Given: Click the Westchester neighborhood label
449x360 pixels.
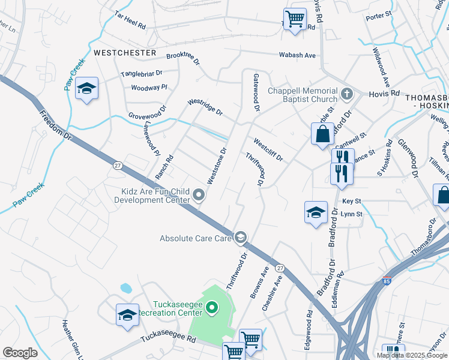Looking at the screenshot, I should [125, 53].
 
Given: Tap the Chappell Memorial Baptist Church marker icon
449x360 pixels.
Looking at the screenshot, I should [347, 94].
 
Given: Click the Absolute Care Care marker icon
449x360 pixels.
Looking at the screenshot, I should [241, 238].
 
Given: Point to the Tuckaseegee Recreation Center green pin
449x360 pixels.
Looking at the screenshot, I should [211, 308].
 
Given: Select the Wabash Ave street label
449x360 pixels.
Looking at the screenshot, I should [297, 55].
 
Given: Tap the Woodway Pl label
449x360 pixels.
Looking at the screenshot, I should [149, 88].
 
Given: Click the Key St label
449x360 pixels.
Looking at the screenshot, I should [351, 202].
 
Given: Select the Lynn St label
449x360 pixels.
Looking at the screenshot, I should [351, 214].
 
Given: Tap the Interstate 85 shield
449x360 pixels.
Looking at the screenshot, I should [387, 280].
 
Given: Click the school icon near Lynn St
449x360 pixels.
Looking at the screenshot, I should [316, 212].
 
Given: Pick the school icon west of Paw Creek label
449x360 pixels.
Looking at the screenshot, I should [87, 89].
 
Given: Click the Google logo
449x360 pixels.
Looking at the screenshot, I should [20, 353].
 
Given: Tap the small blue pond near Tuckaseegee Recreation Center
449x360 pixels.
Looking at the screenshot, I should [125, 287].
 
